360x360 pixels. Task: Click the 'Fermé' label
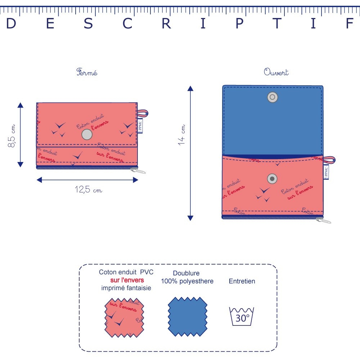pos(87,72)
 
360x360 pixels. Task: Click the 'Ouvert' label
pos(276,72)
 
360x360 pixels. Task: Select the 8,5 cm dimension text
pos(12,136)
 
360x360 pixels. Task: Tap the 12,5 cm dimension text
pos(88,190)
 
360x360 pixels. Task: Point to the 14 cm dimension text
pos(182,135)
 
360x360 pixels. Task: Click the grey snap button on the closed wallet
pos(87,135)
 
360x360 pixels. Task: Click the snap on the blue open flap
pos(273,97)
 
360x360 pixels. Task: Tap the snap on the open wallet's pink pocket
pos(273,179)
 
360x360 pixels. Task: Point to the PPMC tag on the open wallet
pos(326,171)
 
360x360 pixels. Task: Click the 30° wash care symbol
pos(242,316)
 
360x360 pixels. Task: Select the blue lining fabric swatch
pos(188,317)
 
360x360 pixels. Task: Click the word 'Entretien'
pos(242,281)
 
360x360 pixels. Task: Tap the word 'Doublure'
pos(186,273)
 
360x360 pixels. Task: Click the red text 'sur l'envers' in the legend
pos(127,280)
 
